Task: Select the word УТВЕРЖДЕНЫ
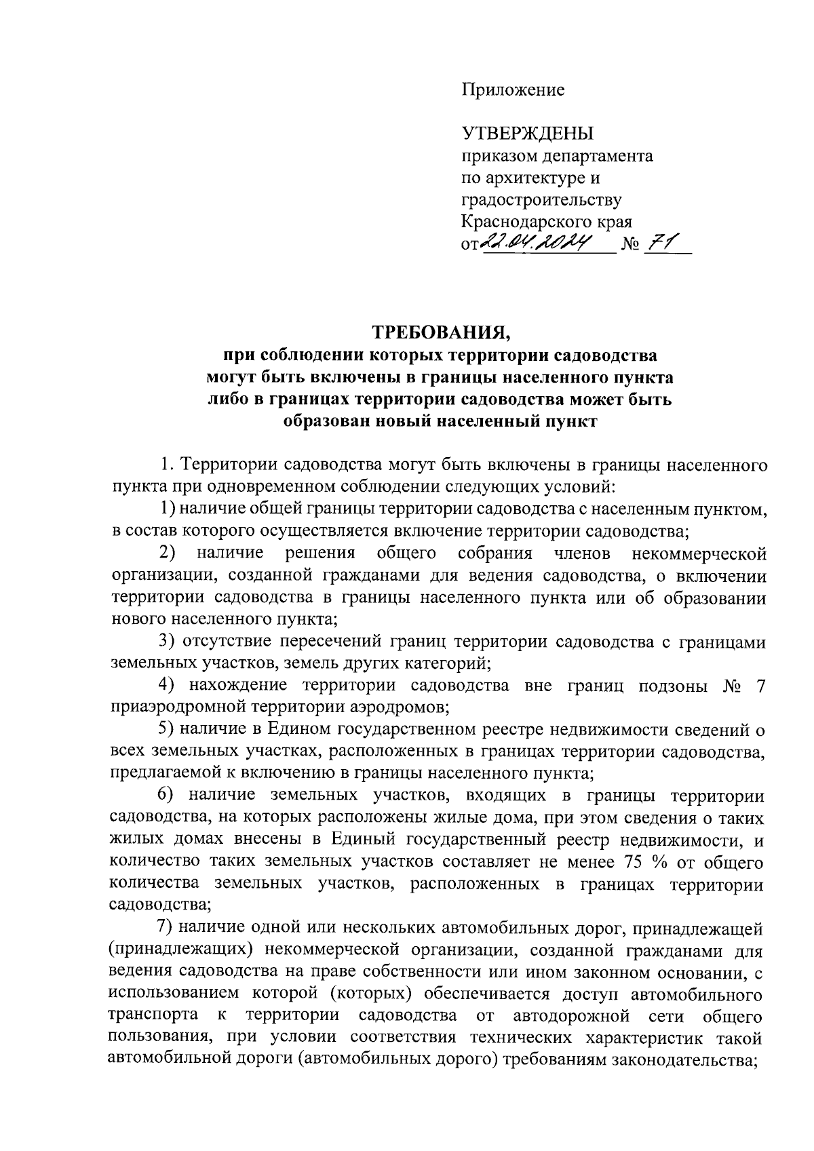pyautogui.click(x=527, y=134)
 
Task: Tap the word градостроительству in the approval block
pyautogui.click(x=541, y=200)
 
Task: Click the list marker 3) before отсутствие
pyautogui.click(x=167, y=642)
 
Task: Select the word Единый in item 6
pyautogui.click(x=364, y=840)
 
